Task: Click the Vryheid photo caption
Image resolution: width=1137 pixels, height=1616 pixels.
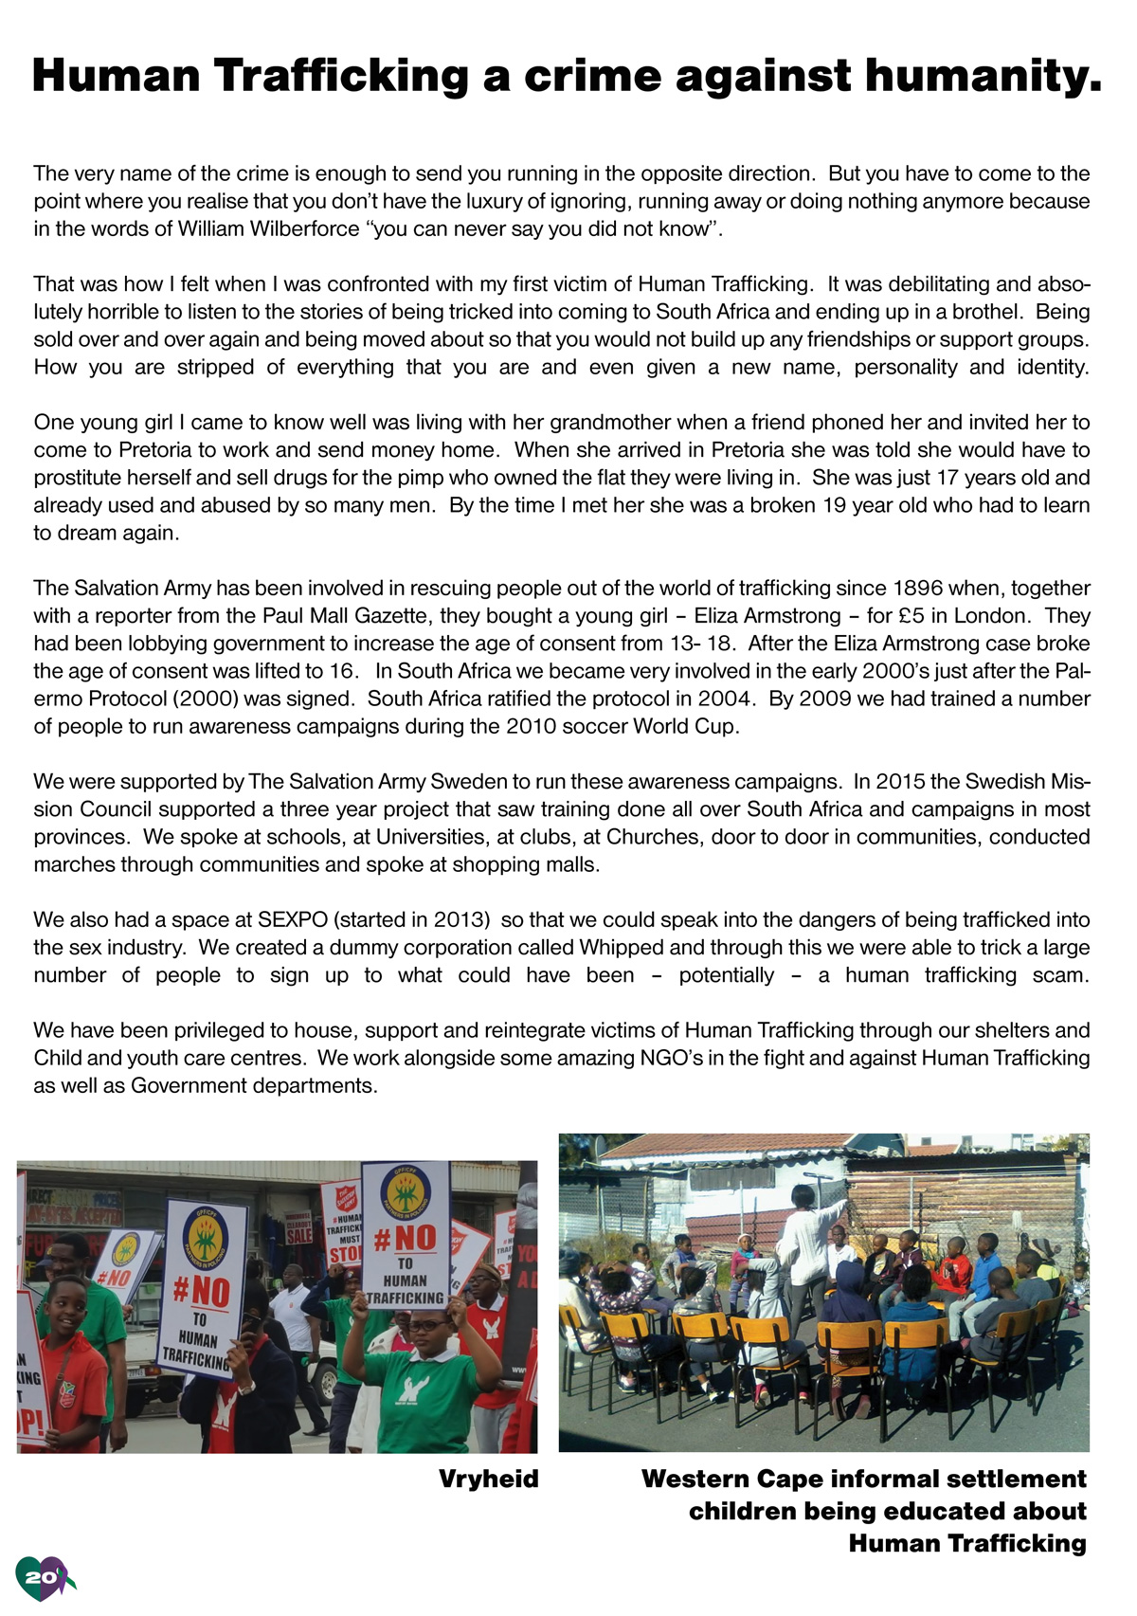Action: (488, 1480)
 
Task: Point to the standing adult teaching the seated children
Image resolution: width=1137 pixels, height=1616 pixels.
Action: (805, 1242)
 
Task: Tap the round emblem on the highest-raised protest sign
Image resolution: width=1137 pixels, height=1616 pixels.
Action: (406, 1192)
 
